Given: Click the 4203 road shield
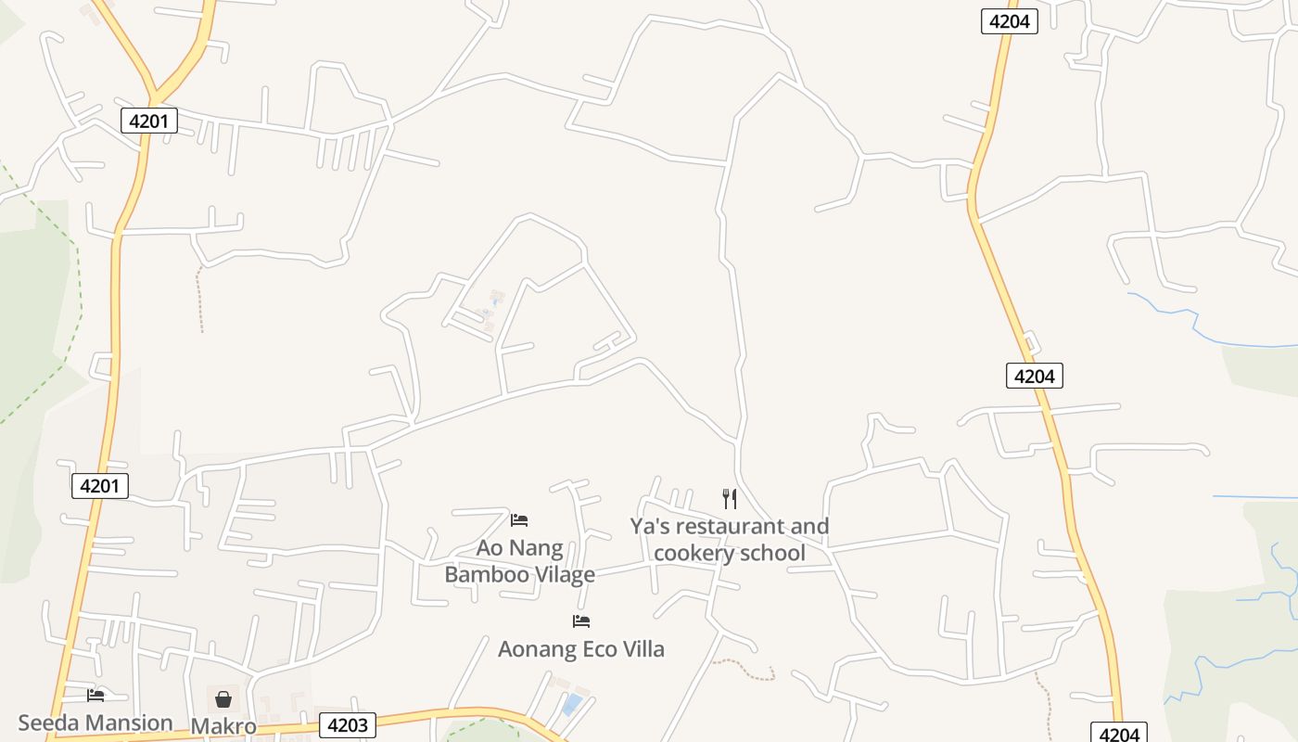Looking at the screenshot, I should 348,725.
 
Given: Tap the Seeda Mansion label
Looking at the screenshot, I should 95,723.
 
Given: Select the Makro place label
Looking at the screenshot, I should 223,725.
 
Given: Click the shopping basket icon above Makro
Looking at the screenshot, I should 223,698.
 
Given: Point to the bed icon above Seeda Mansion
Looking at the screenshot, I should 95,695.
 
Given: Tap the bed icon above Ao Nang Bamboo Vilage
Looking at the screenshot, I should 519,519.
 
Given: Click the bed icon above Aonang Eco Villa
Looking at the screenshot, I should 581,620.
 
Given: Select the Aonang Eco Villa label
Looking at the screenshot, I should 581,648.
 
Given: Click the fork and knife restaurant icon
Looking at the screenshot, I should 730,499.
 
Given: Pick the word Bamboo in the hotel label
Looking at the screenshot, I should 487,574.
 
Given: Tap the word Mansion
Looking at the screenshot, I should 129,723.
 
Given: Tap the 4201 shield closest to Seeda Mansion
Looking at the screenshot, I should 100,485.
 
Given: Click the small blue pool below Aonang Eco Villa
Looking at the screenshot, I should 572,703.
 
